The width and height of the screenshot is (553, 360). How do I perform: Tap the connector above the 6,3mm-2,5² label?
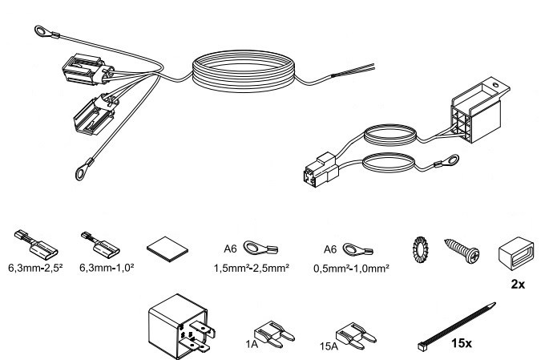coord(33,241)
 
